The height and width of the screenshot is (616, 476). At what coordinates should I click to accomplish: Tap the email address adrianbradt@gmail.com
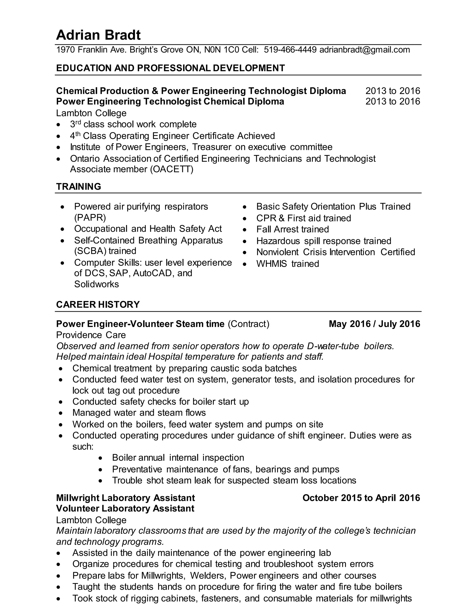364,50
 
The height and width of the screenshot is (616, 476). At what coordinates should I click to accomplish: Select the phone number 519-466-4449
290,50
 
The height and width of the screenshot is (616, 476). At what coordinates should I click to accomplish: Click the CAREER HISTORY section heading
98,304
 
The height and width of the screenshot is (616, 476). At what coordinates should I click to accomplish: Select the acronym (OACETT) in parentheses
172,169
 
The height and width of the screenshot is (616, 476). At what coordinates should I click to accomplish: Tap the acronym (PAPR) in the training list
90,218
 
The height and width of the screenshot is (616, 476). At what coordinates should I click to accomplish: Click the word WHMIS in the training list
271,264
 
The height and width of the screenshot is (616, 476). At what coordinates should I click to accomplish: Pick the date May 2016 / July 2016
374,324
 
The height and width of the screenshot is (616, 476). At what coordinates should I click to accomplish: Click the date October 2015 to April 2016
361,498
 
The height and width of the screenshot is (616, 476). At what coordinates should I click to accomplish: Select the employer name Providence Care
91,335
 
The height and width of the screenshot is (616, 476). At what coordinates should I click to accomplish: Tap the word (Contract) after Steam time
248,324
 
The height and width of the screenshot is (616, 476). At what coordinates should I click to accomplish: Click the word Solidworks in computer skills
96,284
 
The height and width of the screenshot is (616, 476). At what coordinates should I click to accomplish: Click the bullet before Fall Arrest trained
245,230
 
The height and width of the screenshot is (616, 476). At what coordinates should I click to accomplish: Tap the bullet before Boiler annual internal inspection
100,458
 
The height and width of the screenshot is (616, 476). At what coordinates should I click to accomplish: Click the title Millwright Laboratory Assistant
125,498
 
